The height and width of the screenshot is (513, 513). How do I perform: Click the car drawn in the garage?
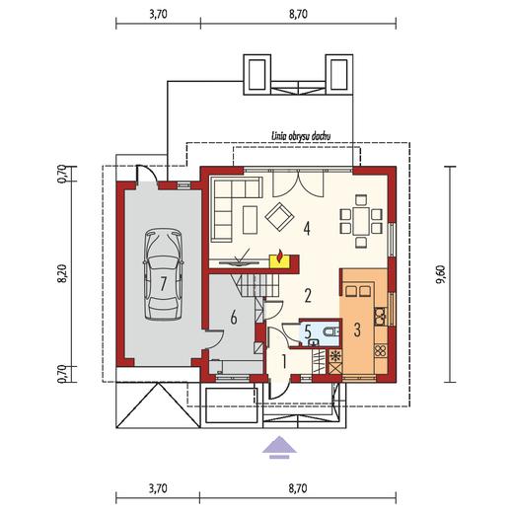point(164,274)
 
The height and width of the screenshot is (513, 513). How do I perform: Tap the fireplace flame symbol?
point(280,256)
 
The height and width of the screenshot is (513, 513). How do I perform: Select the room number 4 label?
point(307,229)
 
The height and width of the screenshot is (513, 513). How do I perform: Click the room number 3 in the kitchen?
point(357,330)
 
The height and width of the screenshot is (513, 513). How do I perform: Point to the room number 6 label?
point(234,318)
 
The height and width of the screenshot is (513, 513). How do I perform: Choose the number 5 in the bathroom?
point(308,332)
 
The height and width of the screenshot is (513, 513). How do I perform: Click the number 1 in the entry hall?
point(283,361)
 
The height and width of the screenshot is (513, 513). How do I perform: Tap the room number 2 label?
point(308,295)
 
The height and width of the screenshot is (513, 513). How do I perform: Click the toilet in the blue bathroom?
point(330,332)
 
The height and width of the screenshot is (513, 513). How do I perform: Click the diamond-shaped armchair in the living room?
point(279,216)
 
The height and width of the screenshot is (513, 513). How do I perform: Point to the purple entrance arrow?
point(279,447)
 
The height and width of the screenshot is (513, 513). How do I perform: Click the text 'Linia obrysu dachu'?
point(301,136)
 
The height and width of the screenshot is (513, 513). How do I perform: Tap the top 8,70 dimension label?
point(298,14)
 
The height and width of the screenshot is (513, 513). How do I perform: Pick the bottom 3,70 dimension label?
point(158,488)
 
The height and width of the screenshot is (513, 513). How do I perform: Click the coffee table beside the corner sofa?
point(250,219)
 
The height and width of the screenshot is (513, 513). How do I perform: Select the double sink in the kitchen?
point(381,315)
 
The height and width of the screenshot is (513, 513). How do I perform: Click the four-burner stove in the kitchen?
point(381,350)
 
